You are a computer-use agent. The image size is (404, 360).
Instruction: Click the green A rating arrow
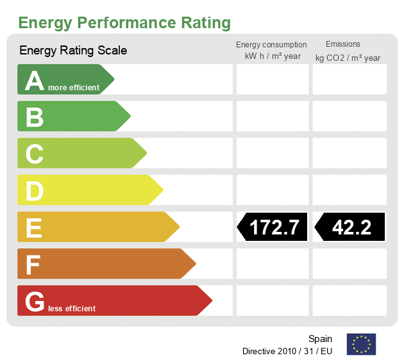(x=64, y=79)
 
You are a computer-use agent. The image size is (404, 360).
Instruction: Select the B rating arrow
(x=72, y=117)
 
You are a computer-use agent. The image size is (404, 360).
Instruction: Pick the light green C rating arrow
(x=81, y=153)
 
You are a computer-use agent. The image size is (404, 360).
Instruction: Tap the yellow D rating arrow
(x=89, y=190)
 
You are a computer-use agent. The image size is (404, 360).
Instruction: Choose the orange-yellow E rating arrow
(x=97, y=227)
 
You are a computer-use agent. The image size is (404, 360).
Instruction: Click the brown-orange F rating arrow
(x=105, y=264)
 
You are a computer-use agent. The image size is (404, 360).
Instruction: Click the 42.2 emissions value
(x=351, y=227)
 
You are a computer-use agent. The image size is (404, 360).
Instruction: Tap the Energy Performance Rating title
(x=124, y=23)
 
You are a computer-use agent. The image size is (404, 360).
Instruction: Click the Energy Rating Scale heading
(x=73, y=51)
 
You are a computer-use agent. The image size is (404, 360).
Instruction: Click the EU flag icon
(x=361, y=344)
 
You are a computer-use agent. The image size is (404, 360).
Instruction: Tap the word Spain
(x=320, y=339)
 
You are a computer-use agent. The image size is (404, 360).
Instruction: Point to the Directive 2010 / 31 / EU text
(x=287, y=351)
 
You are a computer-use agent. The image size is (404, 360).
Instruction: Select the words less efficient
(x=71, y=309)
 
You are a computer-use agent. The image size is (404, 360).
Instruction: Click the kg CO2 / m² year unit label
(x=348, y=58)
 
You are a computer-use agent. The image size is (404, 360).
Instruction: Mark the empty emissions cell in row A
(x=349, y=79)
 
